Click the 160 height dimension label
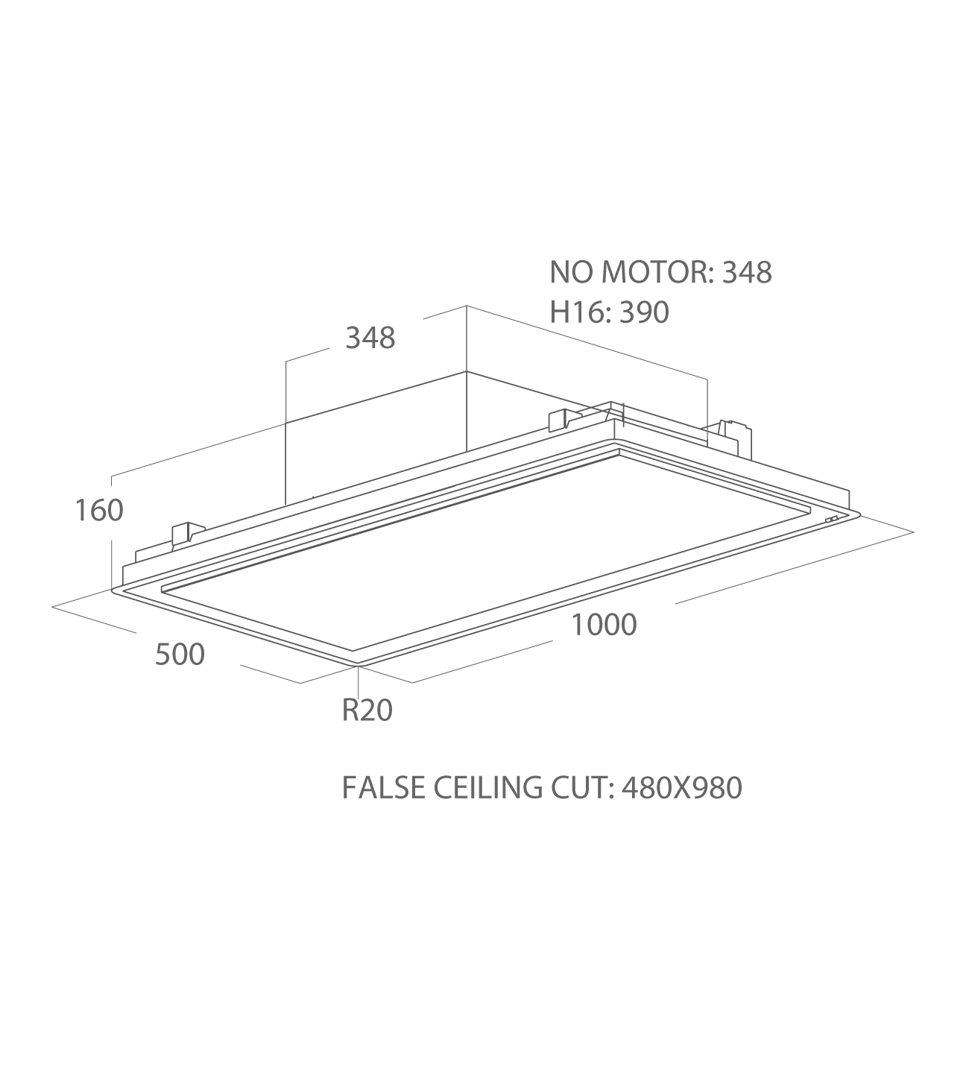(99, 510)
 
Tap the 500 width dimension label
(180, 655)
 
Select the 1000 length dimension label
(604, 625)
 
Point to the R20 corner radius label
(367, 711)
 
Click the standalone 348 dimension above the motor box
(370, 338)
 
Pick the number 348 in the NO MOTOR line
(747, 272)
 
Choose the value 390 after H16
(644, 312)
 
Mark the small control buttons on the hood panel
(831, 519)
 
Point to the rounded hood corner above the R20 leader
(358, 666)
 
